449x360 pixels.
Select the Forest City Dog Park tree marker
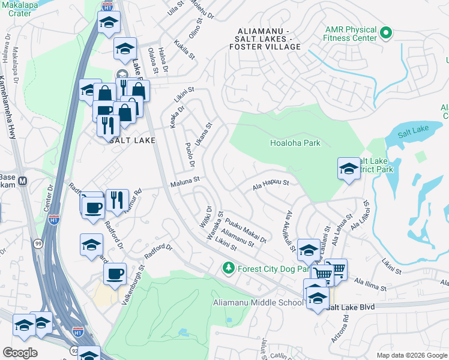pyautogui.click(x=228, y=268)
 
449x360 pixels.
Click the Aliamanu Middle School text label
pyautogui.click(x=258, y=302)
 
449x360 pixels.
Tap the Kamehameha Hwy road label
pyautogui.click(x=7, y=108)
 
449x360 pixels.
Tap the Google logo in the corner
pyautogui.click(x=20, y=353)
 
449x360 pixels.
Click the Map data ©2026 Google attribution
pyautogui.click(x=411, y=355)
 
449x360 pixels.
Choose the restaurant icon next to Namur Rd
pyautogui.click(x=117, y=199)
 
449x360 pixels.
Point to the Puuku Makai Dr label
pyautogui.click(x=246, y=231)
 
